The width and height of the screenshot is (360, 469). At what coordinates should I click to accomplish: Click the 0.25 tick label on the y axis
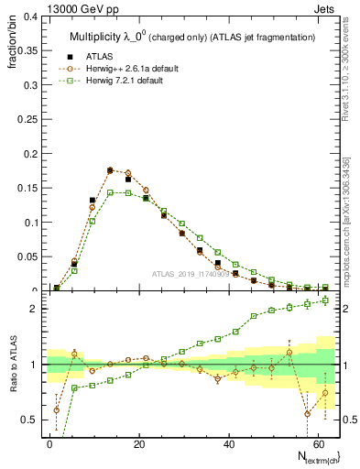(x=27, y=120)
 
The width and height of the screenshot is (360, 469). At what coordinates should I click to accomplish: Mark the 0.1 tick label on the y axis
(x=29, y=223)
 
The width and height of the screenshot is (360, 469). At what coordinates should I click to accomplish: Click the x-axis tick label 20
(x=138, y=443)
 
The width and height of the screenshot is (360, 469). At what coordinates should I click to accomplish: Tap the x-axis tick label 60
(x=316, y=443)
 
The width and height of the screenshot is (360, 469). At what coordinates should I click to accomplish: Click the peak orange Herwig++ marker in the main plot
(x=110, y=170)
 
